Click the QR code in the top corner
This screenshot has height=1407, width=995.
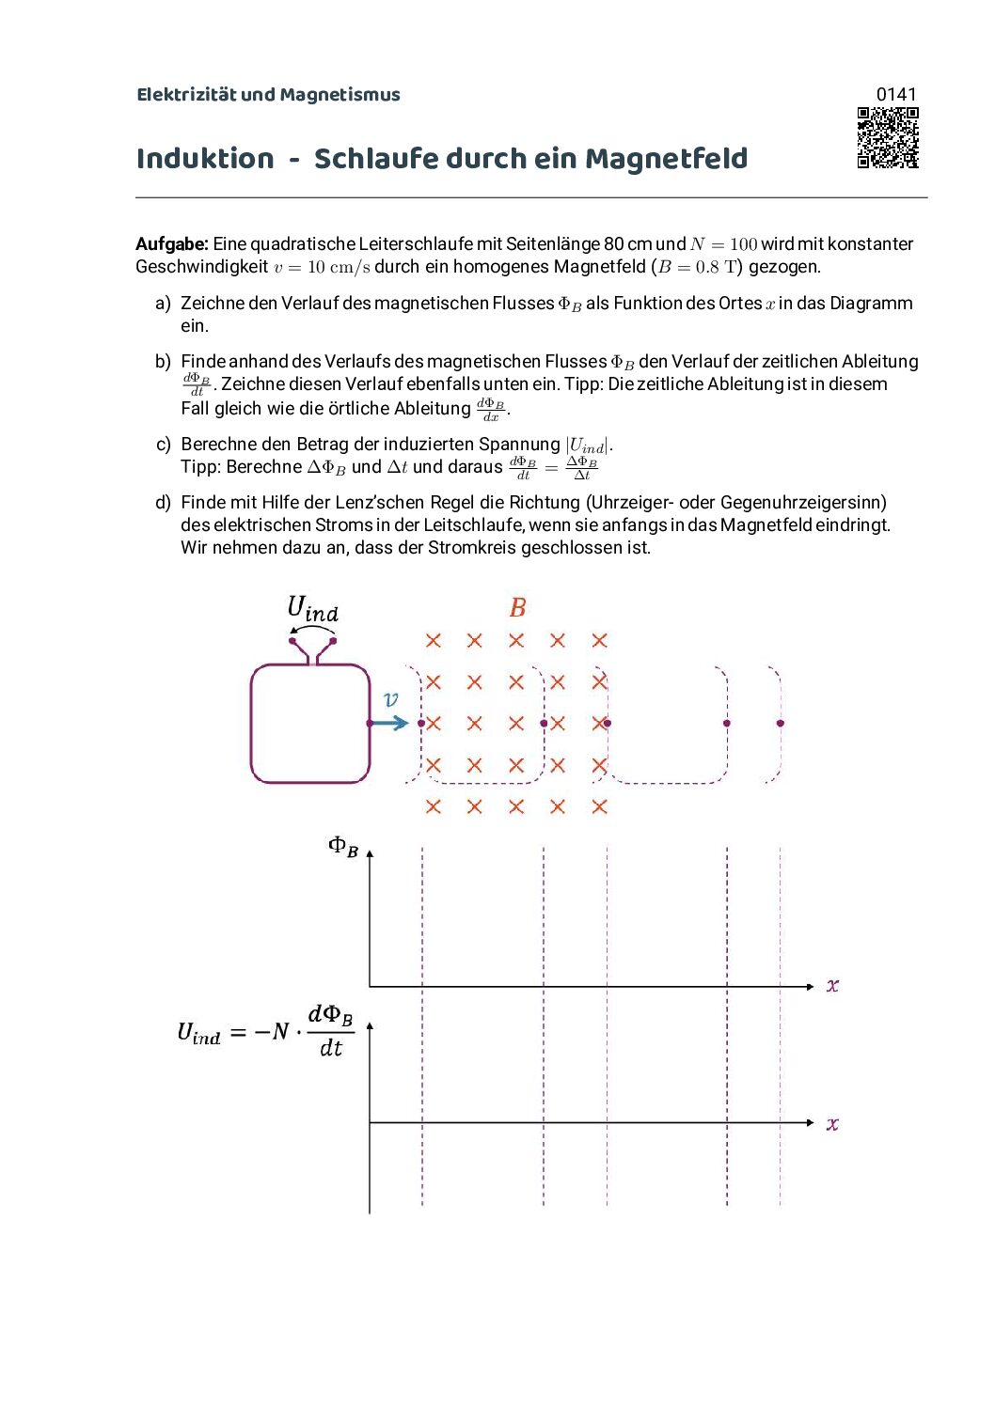point(887,137)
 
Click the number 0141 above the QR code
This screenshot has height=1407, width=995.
point(895,94)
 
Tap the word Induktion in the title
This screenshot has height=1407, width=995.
point(205,159)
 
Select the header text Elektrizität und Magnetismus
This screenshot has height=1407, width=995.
point(268,95)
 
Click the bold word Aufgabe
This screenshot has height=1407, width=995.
point(171,244)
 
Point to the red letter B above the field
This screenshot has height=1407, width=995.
point(517,608)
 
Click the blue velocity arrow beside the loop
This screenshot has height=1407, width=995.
point(388,723)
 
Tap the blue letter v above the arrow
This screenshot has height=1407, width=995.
point(391,699)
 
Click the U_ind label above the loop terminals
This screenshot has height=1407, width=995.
point(312,609)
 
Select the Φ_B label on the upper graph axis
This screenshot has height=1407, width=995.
point(343,846)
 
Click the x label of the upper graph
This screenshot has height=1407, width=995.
point(832,986)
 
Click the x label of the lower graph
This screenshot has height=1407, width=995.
point(832,1124)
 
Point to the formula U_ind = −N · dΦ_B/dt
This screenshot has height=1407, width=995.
point(265,1031)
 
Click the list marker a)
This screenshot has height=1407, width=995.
point(163,304)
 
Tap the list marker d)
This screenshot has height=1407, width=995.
point(163,503)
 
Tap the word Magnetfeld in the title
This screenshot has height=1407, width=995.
point(666,159)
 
